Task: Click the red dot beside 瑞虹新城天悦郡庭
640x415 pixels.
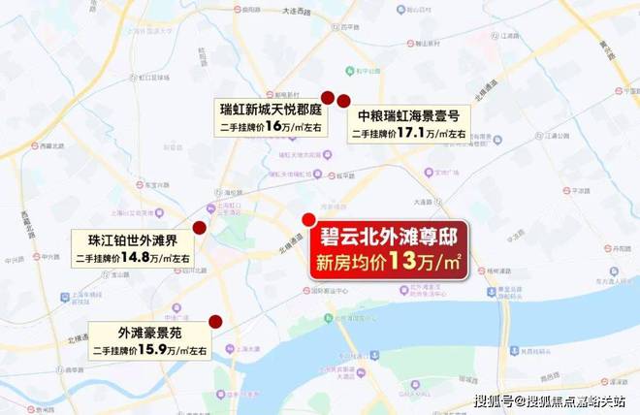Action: [328, 98]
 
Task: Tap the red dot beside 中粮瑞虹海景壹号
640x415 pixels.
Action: [343, 100]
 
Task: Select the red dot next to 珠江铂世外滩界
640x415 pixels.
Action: [200, 228]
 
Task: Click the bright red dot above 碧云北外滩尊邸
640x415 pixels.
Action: [308, 218]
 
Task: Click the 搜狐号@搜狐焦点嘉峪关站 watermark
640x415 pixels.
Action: [550, 401]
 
